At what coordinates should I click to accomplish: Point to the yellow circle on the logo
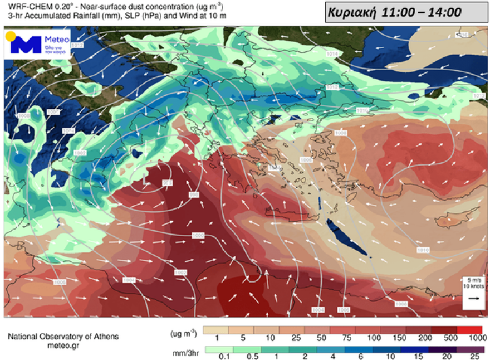pyautogui.click(x=11, y=37)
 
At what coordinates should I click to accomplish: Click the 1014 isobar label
pyautogui.click(x=332, y=54)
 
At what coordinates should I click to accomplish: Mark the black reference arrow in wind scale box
pyautogui.click(x=474, y=299)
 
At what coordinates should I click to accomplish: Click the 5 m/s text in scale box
pyautogui.click(x=474, y=279)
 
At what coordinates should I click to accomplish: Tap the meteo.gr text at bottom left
pyautogui.click(x=63, y=346)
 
